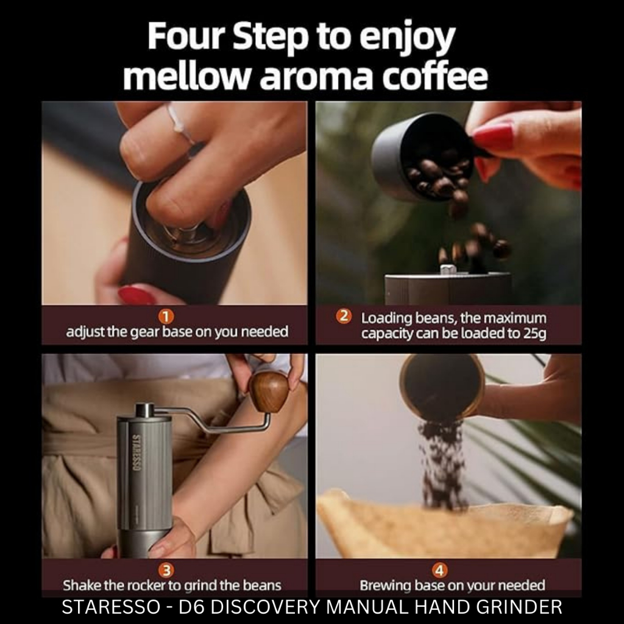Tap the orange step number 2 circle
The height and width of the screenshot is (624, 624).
pos(344,317)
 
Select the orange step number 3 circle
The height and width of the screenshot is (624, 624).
pos(166,570)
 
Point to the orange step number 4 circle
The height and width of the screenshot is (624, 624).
pos(441,570)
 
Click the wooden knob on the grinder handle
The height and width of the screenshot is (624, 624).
pos(269,391)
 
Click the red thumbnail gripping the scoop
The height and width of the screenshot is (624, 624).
pos(492,136)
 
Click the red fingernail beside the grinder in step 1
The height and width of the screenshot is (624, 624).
pos(136,296)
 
